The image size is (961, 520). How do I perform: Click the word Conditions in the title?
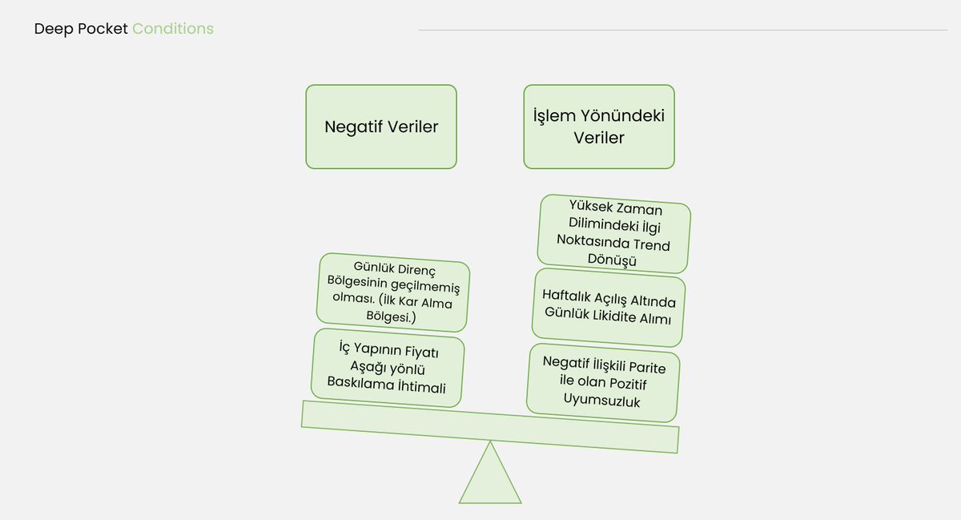[173, 30]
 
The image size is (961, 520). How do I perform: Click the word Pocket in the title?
[103, 30]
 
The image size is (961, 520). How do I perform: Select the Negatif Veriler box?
[381, 127]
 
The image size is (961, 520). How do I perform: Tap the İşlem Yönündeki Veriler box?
[599, 127]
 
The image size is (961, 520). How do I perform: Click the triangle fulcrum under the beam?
[490, 478]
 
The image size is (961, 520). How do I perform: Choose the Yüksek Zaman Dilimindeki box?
[614, 233]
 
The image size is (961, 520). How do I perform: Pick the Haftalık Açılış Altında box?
[609, 308]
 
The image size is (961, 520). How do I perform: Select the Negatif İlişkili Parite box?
[604, 382]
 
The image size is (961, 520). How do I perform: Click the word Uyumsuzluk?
[602, 401]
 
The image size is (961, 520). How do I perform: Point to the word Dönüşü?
[613, 261]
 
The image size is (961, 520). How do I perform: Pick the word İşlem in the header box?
[554, 116]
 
